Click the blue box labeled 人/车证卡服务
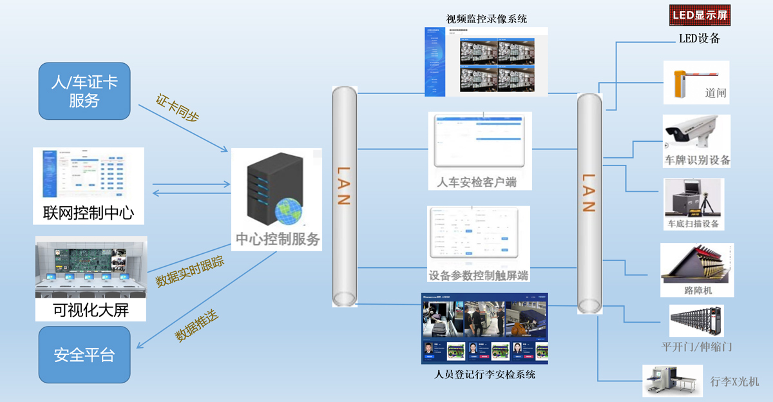click(84, 90)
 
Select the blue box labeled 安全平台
click(84, 354)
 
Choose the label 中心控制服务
click(278, 240)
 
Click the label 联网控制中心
click(88, 213)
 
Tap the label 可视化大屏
click(91, 310)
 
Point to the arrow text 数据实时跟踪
click(191, 271)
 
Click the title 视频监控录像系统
click(486, 19)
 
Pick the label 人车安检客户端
click(477, 182)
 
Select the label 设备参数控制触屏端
click(478, 276)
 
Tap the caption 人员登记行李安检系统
click(485, 374)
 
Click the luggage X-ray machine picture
click(672, 380)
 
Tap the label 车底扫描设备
click(692, 224)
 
